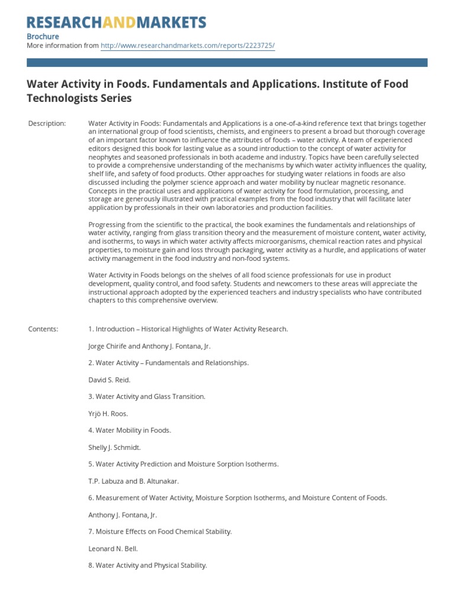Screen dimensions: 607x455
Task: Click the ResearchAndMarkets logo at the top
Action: [117, 23]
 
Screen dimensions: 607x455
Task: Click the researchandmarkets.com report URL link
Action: [188, 46]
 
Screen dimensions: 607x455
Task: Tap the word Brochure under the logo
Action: [43, 36]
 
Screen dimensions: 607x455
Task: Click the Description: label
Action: [47, 123]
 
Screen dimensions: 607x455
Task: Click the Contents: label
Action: [43, 329]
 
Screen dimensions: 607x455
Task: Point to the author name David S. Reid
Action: [109, 379]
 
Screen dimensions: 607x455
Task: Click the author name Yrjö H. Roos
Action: [108, 414]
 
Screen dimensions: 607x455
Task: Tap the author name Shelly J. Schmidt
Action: [114, 448]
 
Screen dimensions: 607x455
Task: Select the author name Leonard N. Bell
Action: [113, 549]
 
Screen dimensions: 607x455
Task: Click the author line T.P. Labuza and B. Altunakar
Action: [133, 481]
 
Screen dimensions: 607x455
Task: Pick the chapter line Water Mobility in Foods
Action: [130, 430]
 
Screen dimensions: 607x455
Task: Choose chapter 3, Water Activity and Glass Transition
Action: [147, 397]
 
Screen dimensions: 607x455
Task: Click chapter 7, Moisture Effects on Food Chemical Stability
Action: [160, 532]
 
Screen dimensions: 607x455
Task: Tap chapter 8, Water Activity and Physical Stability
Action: [148, 566]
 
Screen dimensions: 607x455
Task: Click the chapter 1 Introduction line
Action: [188, 329]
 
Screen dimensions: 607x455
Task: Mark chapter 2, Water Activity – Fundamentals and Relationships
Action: [168, 363]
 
